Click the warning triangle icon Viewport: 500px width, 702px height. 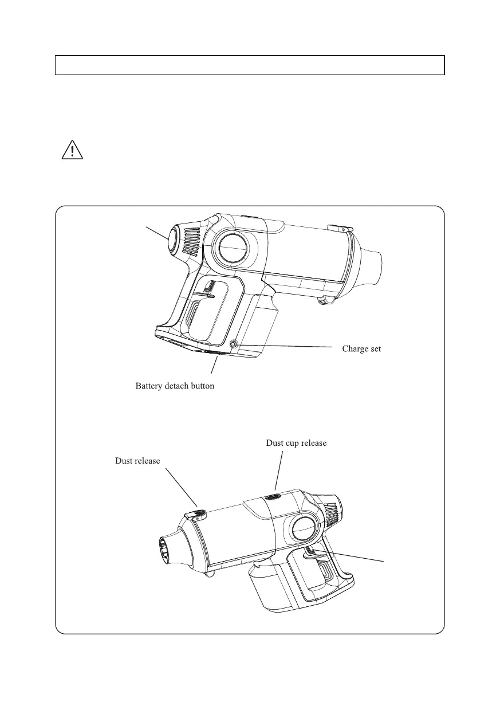point(73,150)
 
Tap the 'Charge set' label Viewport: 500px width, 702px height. point(361,348)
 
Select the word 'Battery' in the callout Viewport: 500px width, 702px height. point(148,386)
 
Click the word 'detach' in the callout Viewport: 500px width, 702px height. point(178,386)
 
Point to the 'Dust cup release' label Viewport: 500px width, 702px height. point(296,443)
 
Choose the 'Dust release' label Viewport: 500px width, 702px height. point(137,460)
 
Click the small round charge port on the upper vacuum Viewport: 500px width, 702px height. point(233,344)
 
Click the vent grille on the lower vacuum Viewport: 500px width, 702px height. point(332,511)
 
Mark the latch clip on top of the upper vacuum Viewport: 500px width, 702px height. point(339,229)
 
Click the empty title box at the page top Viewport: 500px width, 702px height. point(250,65)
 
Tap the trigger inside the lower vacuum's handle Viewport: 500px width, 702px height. point(316,552)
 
